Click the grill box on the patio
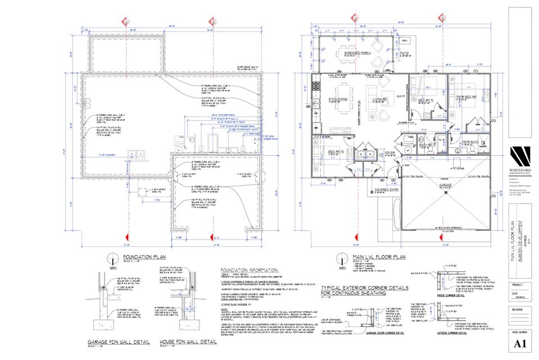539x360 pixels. [x=405, y=41]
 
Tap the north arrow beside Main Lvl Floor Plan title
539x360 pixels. [x=340, y=260]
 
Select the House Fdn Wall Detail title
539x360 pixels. [x=181, y=342]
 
